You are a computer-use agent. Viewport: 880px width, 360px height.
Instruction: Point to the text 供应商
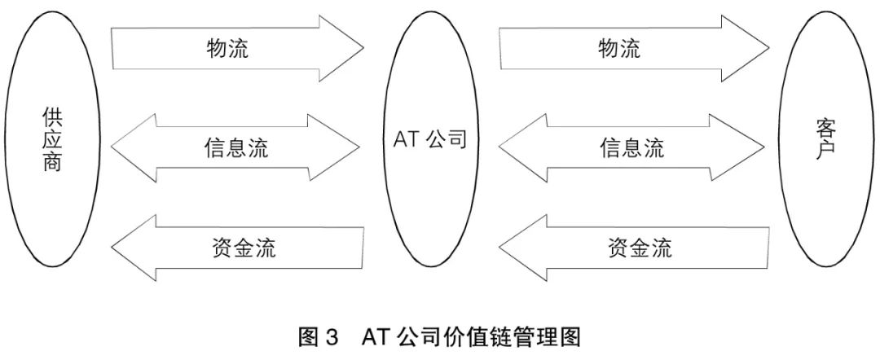coord(51,140)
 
